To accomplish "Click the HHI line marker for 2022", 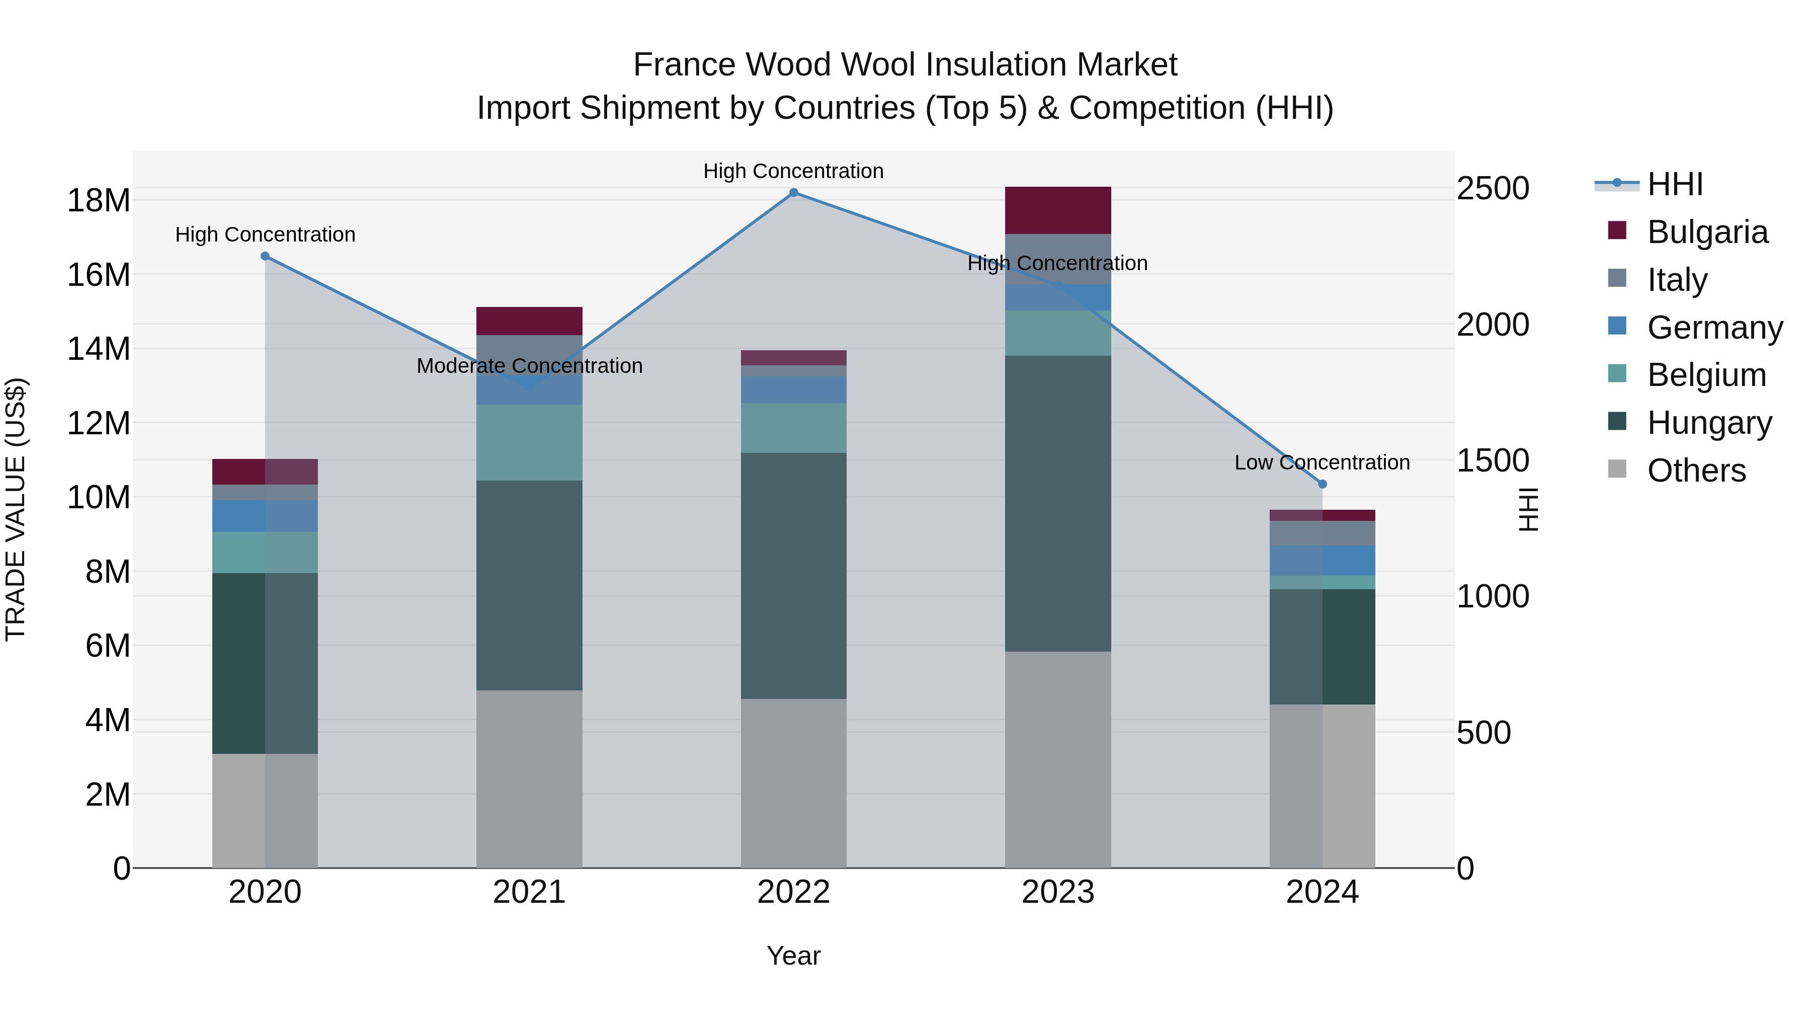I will click(x=794, y=193).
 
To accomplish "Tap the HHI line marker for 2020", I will click(x=265, y=256).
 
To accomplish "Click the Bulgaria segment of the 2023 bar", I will click(x=1058, y=210).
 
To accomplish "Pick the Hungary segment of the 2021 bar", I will click(x=529, y=585).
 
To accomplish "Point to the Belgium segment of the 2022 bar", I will click(x=794, y=428).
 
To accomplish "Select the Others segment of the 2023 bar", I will click(x=1058, y=759).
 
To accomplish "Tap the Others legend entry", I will click(x=1696, y=471).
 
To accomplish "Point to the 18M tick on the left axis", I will click(x=99, y=200).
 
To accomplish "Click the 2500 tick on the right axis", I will click(x=1493, y=189).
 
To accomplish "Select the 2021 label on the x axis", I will click(x=529, y=892).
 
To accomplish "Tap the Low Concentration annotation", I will click(x=1323, y=463).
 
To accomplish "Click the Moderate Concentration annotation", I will click(x=529, y=366).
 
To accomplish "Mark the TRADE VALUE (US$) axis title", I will click(x=16, y=509).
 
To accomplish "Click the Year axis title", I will click(x=794, y=956).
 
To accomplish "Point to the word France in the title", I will click(x=685, y=65).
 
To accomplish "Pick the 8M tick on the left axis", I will click(x=108, y=572).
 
